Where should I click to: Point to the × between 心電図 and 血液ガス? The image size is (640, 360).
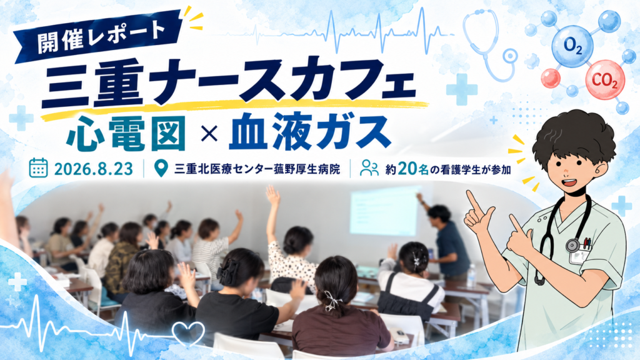(x=209, y=134)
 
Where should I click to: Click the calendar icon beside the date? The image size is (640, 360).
(x=38, y=167)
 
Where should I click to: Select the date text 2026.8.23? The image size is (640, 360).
(x=94, y=169)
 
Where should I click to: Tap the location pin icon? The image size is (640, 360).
(x=161, y=167)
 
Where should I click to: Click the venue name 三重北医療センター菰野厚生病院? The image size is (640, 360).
(x=257, y=169)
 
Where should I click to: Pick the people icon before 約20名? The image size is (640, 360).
(x=369, y=167)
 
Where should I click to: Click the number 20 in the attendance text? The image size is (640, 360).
(x=407, y=169)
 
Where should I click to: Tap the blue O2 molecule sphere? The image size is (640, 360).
(x=572, y=46)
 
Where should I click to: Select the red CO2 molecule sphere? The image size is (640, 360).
(x=605, y=80)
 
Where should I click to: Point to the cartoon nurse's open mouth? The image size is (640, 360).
(x=571, y=183)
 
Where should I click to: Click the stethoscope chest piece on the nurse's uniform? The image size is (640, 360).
(x=572, y=245)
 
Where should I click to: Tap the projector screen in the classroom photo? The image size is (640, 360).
(x=386, y=211)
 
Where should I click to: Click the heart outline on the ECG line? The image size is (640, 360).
(x=188, y=332)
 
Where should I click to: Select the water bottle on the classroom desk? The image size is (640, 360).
(x=471, y=275)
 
